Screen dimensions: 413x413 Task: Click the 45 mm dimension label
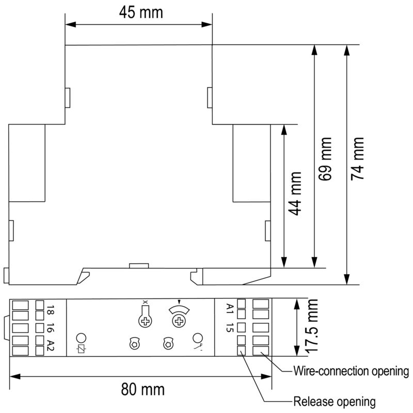click(x=141, y=12)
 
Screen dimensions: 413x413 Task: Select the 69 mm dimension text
click(x=325, y=159)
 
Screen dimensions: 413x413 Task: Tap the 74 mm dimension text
click(x=357, y=159)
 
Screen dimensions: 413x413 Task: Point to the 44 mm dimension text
click(x=294, y=194)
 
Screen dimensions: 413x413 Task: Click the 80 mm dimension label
click(x=143, y=389)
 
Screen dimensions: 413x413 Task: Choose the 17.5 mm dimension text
click(x=311, y=326)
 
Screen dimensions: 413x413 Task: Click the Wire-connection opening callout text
click(x=351, y=371)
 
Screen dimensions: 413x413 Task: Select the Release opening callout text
click(x=335, y=402)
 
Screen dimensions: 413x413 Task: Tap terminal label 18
click(x=50, y=310)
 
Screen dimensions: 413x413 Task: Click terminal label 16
click(x=50, y=328)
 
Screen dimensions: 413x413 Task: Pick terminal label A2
click(x=50, y=345)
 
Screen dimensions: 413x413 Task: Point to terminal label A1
click(x=230, y=309)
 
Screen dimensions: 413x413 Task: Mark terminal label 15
click(x=230, y=327)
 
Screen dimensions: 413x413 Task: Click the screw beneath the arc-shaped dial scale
click(x=179, y=321)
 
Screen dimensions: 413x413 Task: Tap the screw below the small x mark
click(x=145, y=321)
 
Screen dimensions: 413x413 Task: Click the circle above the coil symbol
click(x=81, y=338)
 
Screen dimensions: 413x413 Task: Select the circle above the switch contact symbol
click(x=198, y=338)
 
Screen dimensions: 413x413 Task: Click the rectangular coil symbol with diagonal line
click(x=81, y=350)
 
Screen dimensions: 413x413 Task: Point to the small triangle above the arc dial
click(x=179, y=302)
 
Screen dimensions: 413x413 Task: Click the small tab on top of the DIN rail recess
click(x=139, y=265)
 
